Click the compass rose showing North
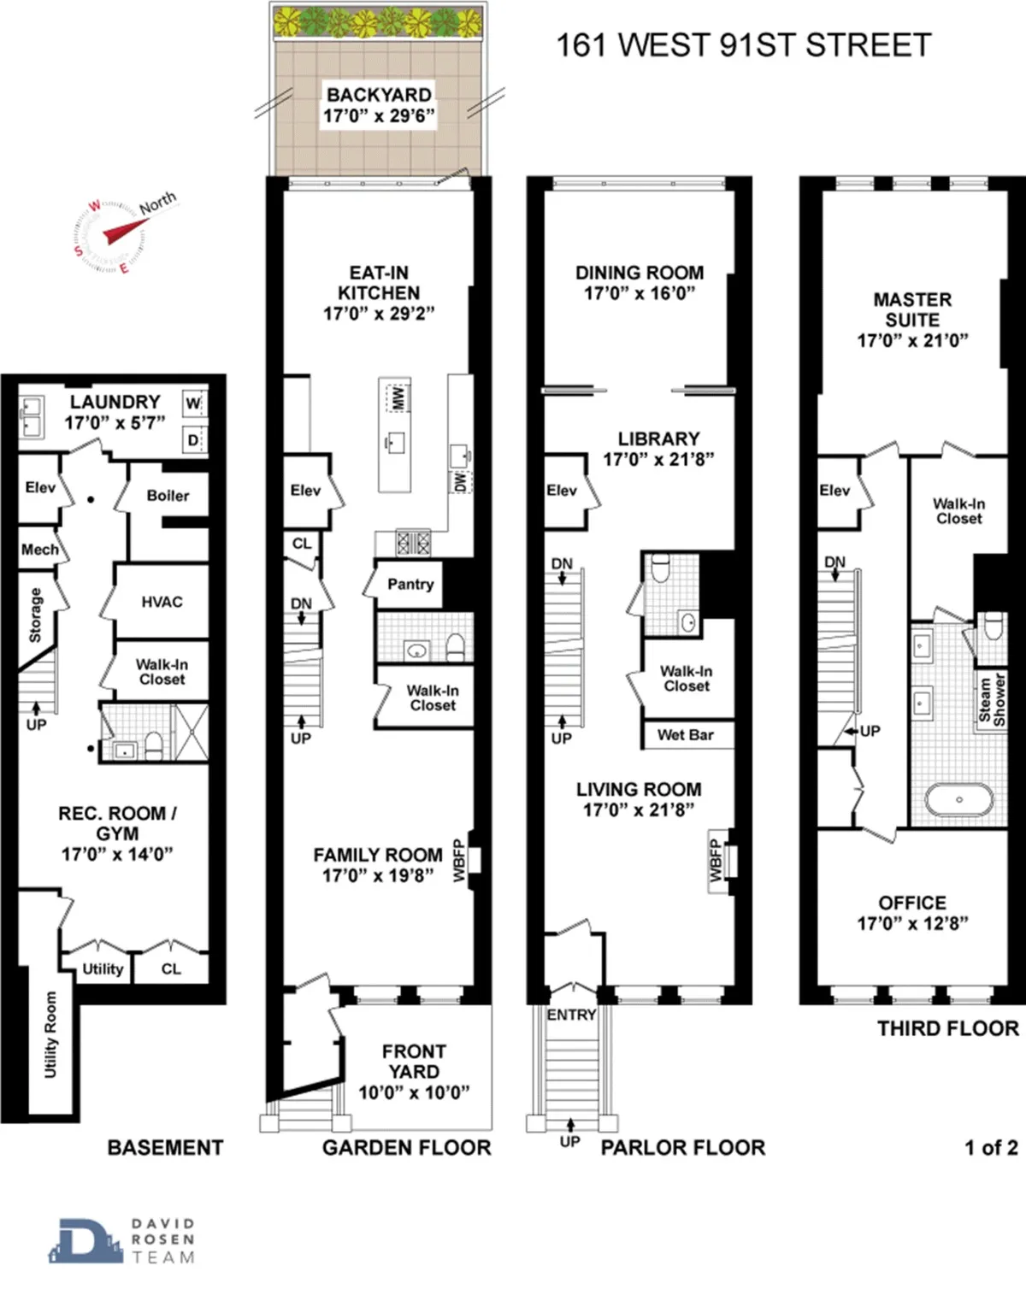[111, 236]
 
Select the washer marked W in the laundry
[193, 403]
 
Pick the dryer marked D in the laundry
[193, 440]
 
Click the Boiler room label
[168, 496]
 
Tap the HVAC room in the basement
[162, 602]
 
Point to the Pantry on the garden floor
[410, 585]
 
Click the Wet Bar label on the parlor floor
[685, 735]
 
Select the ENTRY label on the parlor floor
[571, 1015]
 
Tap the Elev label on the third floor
[834, 491]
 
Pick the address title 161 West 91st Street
[743, 45]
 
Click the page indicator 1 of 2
[991, 1147]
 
